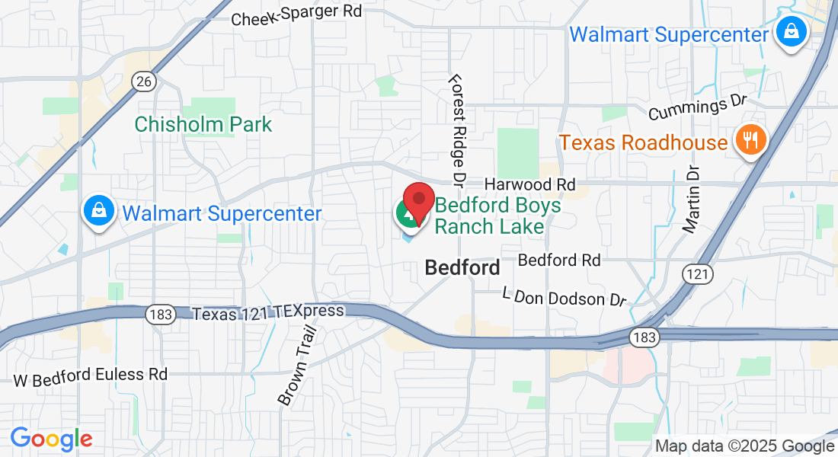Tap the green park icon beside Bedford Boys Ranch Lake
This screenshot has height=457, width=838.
click(407, 213)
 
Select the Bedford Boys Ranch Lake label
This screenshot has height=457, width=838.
click(497, 216)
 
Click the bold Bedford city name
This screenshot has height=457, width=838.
click(462, 268)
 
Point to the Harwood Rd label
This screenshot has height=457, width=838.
click(529, 185)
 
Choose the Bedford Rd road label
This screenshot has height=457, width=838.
click(559, 260)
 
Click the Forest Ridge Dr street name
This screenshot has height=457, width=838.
click(458, 130)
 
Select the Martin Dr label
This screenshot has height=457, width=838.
click(692, 200)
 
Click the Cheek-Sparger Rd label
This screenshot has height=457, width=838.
click(296, 14)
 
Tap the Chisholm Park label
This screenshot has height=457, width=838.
click(203, 124)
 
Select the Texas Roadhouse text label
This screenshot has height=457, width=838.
click(644, 142)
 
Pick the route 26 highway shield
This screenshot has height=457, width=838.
click(142, 81)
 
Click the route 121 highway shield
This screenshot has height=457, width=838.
click(697, 275)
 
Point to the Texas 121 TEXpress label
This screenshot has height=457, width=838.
click(268, 312)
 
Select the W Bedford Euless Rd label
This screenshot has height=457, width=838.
click(91, 376)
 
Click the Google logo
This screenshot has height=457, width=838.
click(51, 439)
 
